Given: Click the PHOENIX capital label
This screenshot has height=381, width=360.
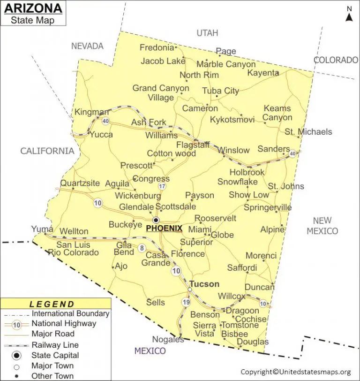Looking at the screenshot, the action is point(164,228).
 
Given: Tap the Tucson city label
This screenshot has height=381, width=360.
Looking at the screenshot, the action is point(204,284).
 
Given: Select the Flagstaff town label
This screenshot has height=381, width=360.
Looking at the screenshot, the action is point(193,145).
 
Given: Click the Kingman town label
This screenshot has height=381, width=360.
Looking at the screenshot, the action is point(91,113).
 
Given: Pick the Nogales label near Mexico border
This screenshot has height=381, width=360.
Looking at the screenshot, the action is point(167,339).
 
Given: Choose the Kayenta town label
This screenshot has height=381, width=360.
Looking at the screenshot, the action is point(263,73).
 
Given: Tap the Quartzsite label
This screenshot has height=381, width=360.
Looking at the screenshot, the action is point(80,183).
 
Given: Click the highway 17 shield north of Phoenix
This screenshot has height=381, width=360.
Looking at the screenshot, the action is point(162,186).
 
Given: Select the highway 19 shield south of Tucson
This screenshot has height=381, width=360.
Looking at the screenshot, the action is point(186,302).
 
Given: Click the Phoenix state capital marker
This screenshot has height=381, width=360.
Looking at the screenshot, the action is point(156,220).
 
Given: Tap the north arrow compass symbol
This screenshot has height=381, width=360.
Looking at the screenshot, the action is point(349,15).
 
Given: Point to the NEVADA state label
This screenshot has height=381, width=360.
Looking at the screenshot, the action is point(87,46).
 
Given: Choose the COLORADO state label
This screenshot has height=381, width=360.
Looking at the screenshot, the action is point(336,60).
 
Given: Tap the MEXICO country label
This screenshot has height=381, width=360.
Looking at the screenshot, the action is point(150,351).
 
